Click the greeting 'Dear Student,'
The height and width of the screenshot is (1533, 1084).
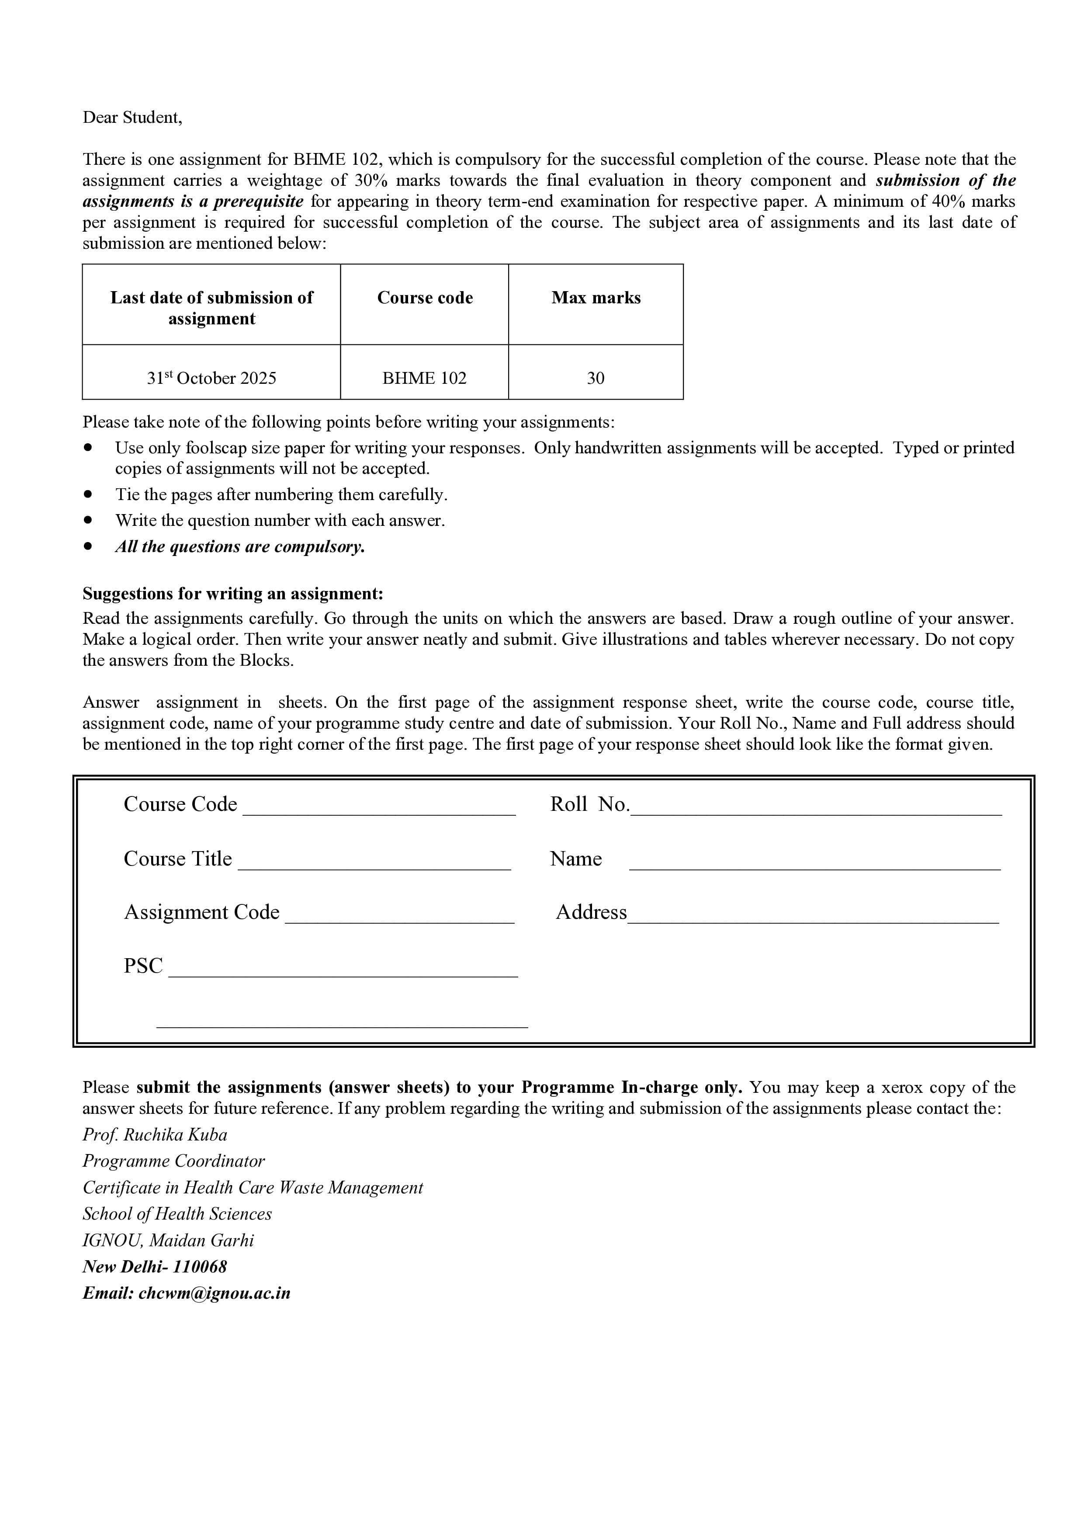click(132, 118)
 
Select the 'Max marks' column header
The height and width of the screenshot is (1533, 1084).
click(596, 298)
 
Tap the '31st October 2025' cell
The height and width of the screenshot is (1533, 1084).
click(211, 378)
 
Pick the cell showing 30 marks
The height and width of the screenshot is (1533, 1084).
click(596, 378)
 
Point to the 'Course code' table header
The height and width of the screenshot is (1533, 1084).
click(425, 298)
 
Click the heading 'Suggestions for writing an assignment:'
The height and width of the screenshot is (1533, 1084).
click(233, 594)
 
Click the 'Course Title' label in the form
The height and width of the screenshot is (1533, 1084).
click(177, 859)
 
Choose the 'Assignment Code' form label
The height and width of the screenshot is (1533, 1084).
click(201, 912)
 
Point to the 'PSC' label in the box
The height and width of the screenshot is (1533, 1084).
click(143, 966)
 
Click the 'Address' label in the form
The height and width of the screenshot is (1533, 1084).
click(592, 912)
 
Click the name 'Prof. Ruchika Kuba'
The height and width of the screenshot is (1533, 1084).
click(155, 1135)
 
